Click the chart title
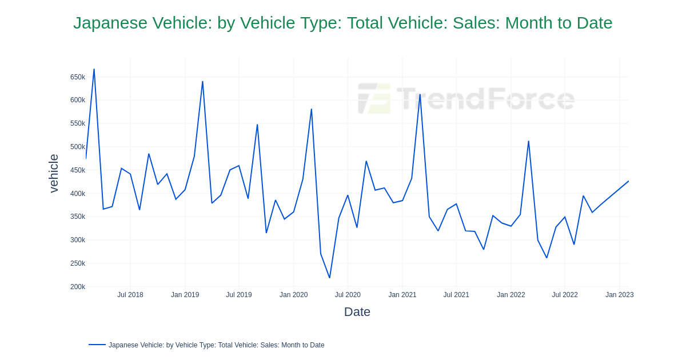[342, 23]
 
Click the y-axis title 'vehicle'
[54, 173]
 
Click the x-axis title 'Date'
[357, 312]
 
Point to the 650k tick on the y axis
[77, 77]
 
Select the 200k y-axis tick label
[77, 287]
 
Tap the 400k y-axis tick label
[77, 194]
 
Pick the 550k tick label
[77, 123]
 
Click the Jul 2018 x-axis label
[130, 295]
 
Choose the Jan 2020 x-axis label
[293, 295]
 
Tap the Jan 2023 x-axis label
[619, 295]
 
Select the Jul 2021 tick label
[456, 295]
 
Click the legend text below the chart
[216, 345]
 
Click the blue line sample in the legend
[97, 345]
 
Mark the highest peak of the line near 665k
[94, 70]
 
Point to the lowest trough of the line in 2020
[329, 278]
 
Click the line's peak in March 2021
[420, 94]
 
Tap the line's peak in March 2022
[528, 141]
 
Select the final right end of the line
[628, 181]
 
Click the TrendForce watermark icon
[374, 98]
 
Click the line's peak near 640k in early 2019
[202, 82]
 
